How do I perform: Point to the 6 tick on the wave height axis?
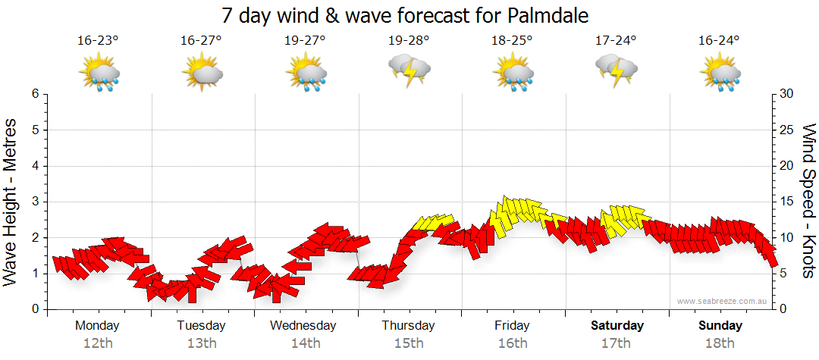34,94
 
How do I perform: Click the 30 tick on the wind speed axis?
786,94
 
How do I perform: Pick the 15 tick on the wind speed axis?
786,202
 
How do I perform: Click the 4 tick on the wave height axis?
34,166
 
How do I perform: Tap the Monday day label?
97,326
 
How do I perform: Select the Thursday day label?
408,326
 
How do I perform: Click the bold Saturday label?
617,326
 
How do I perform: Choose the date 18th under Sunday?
720,343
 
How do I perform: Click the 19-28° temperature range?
408,41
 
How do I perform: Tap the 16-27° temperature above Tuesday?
201,41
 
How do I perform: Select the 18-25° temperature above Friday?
512,41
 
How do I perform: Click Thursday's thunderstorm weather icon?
409,70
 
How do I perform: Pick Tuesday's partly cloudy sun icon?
202,74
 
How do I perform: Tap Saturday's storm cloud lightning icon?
617,70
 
